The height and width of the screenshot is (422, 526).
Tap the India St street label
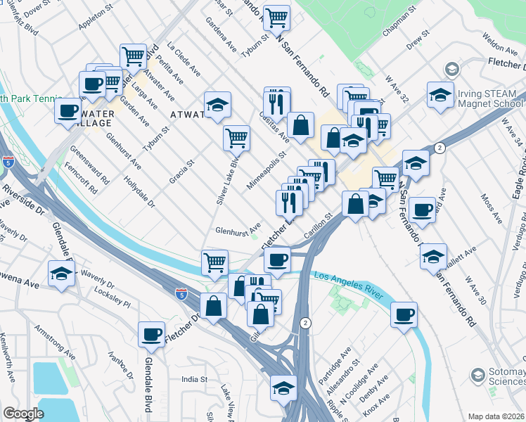195,379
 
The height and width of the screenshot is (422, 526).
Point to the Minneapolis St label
269,170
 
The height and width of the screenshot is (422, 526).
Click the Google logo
23,414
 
